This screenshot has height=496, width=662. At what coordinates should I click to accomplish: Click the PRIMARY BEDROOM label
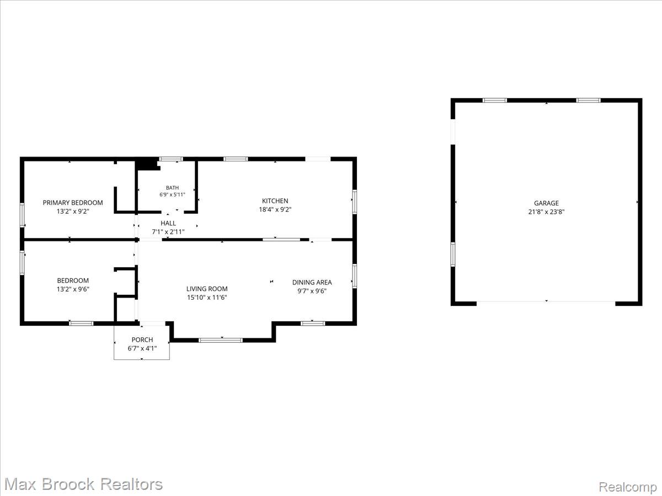pyautogui.click(x=73, y=203)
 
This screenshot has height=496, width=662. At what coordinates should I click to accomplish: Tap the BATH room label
pyautogui.click(x=172, y=188)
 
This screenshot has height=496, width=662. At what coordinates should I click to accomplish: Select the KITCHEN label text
pyautogui.click(x=275, y=201)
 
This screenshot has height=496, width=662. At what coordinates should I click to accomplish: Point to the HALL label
pyautogui.click(x=168, y=223)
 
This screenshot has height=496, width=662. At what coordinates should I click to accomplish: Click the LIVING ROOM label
pyautogui.click(x=207, y=289)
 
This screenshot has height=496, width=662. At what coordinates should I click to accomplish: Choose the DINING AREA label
pyautogui.click(x=312, y=283)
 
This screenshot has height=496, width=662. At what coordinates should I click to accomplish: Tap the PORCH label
pyautogui.click(x=142, y=339)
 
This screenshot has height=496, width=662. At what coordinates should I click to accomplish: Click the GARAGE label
pyautogui.click(x=546, y=203)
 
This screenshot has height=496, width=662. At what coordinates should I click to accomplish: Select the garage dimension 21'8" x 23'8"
pyautogui.click(x=546, y=212)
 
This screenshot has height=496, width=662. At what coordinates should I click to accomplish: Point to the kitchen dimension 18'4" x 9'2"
pyautogui.click(x=275, y=209)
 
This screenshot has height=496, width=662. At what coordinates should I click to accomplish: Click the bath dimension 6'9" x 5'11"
pyautogui.click(x=172, y=195)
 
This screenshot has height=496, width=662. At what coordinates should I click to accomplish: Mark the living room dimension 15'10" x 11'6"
pyautogui.click(x=207, y=298)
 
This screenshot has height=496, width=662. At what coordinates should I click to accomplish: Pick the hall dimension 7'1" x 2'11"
pyautogui.click(x=168, y=232)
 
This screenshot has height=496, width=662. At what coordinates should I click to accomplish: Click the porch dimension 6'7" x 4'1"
pyautogui.click(x=142, y=348)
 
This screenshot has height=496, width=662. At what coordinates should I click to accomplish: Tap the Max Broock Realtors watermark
pyautogui.click(x=83, y=484)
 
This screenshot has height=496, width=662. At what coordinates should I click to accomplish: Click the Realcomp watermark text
pyautogui.click(x=628, y=487)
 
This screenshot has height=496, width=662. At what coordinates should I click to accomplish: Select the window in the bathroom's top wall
pyautogui.click(x=171, y=159)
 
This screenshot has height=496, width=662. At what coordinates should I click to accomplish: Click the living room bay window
pyautogui.click(x=221, y=340)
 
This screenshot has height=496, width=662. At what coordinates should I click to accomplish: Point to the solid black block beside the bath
pyautogui.click(x=146, y=165)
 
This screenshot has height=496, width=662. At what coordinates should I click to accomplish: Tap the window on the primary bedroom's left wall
pyautogui.click(x=22, y=215)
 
